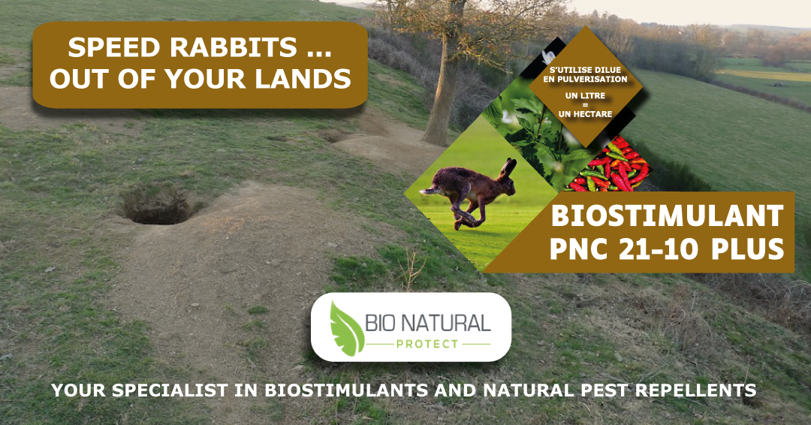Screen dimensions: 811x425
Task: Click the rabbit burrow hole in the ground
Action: click(x=156, y=206)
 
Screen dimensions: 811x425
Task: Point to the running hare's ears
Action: click(x=509, y=168)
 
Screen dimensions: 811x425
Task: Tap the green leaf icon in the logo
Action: click(x=346, y=329)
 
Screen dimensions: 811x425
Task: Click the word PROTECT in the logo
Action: click(x=427, y=344)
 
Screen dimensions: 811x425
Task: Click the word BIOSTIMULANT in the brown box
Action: click(x=668, y=216)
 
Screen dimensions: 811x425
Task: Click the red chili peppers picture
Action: click(x=611, y=164)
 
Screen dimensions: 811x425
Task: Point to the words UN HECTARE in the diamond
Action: click(x=585, y=114)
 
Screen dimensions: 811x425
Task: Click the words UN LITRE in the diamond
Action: click(x=585, y=95)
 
